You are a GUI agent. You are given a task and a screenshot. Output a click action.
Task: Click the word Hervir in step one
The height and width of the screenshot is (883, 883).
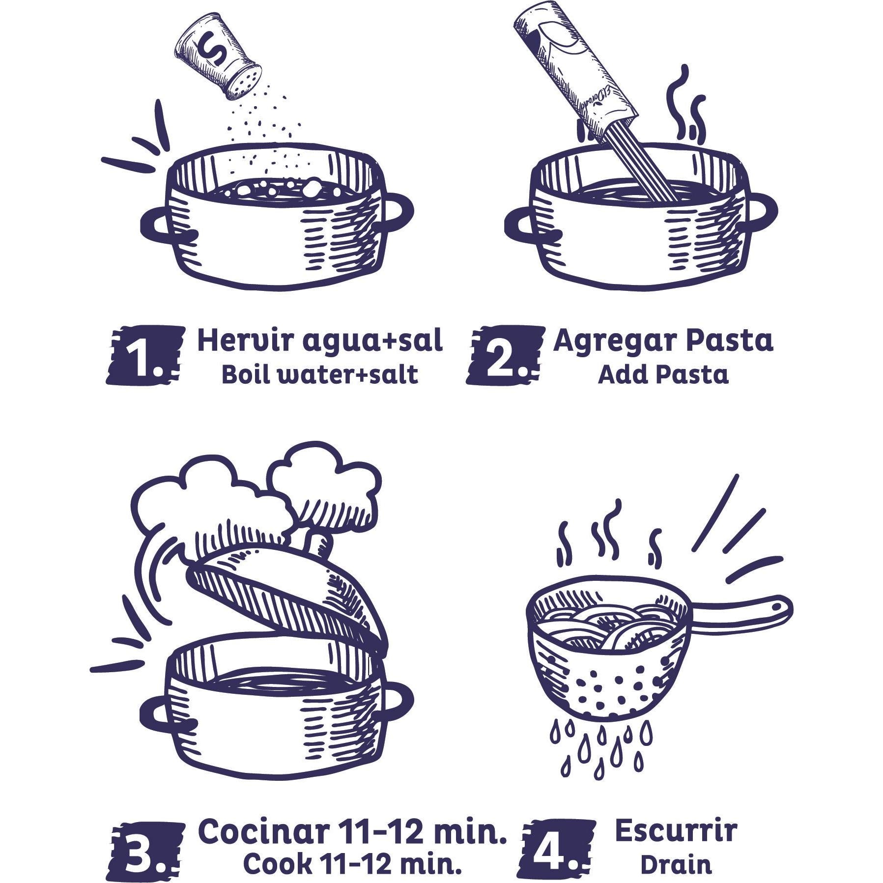tap(244, 341)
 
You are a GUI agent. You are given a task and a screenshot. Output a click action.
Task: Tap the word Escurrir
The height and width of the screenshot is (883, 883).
tap(676, 831)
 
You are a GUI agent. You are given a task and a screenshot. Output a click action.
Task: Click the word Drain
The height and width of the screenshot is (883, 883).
tap(676, 865)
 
